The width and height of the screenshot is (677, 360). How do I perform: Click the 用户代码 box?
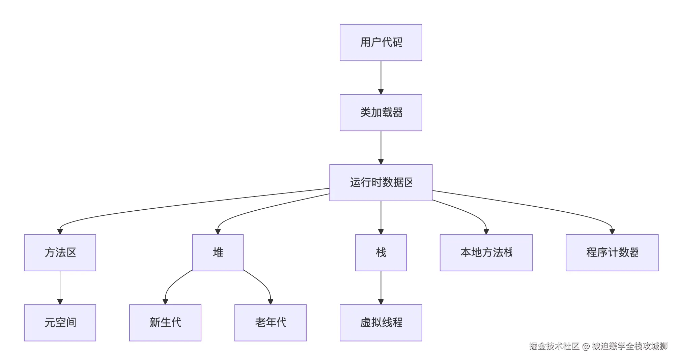[381, 42]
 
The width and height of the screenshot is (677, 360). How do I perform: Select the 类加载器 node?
[381, 113]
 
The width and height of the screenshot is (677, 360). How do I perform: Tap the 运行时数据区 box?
[381, 183]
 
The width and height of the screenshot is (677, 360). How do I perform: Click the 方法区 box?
[60, 253]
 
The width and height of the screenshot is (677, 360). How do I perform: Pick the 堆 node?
[218, 253]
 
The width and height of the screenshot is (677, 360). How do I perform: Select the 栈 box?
[381, 253]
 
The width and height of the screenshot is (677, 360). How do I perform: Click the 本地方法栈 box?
[486, 253]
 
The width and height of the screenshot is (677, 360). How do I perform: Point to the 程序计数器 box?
[612, 253]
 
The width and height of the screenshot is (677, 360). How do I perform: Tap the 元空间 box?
[60, 323]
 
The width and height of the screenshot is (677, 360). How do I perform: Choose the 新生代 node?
[165, 323]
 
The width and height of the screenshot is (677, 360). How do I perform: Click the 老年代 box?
[271, 323]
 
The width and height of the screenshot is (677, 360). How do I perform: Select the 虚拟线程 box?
[381, 323]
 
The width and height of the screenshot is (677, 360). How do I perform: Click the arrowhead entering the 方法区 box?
[60, 232]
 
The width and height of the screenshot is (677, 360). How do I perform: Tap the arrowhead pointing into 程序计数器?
[612, 232]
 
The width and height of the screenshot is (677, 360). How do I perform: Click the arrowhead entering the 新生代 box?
[165, 302]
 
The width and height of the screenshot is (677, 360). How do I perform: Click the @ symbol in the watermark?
[586, 347]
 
